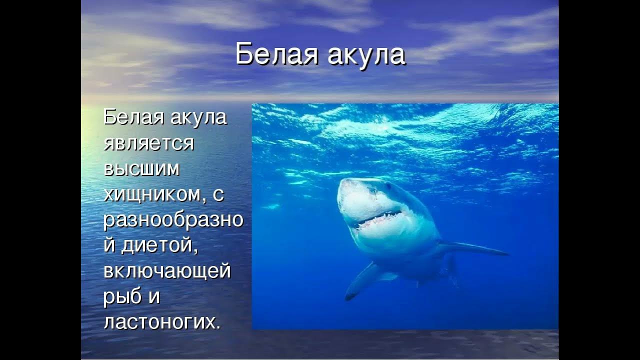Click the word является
pyautogui.click(x=148, y=143)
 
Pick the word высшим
pyautogui.click(x=141, y=169)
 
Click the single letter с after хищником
pyautogui.click(x=218, y=195)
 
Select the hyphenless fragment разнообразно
pyautogui.click(x=173, y=220)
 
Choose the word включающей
pyautogui.click(x=167, y=271)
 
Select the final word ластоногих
pyautogui.click(x=161, y=322)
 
